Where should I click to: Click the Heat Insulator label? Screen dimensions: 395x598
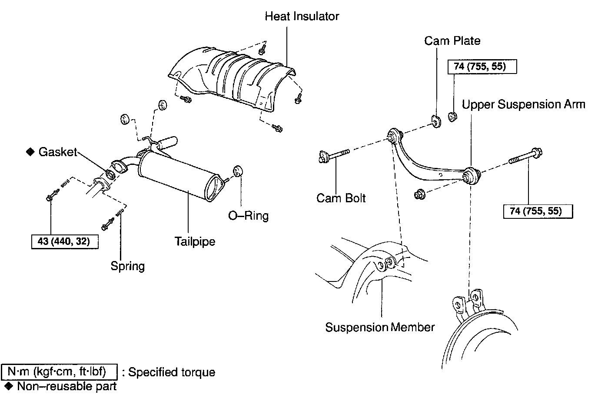point(302,17)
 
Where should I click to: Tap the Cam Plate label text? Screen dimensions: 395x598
point(452,41)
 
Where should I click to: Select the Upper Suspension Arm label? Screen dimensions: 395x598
point(523,104)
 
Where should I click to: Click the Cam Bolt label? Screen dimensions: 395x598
point(341,198)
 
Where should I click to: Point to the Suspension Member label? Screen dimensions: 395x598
point(380,327)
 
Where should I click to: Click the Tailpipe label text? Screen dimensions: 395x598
point(195,241)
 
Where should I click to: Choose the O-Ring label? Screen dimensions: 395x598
point(249,216)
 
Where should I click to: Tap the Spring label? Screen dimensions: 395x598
point(127,266)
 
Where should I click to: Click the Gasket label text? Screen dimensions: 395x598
point(57,152)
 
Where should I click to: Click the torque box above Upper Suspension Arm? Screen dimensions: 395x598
point(482,67)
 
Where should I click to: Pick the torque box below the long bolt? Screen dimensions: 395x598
point(538,211)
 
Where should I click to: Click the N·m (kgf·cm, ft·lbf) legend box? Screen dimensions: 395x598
point(60,372)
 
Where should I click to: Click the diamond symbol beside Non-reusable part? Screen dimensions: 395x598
point(8,386)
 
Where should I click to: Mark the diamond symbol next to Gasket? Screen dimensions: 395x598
point(30,152)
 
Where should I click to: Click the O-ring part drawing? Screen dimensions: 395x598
point(237,171)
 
